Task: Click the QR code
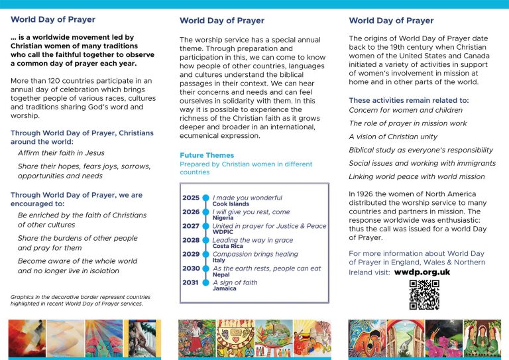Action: pyautogui.click(x=424, y=295)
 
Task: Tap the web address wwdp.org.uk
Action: pyautogui.click(x=422, y=272)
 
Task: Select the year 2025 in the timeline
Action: pyautogui.click(x=191, y=198)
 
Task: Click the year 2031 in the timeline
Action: pyautogui.click(x=191, y=282)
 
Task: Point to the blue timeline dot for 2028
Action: pyautogui.click(x=205, y=240)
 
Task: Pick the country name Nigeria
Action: pyautogui.click(x=223, y=218)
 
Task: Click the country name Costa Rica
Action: pyautogui.click(x=227, y=246)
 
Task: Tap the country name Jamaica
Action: pyautogui.click(x=225, y=288)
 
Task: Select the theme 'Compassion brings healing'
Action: pyautogui.click(x=255, y=254)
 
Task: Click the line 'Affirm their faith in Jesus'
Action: pyautogui.click(x=61, y=152)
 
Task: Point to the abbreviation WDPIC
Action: pyautogui.click(x=224, y=232)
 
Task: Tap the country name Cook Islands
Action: pyautogui.click(x=231, y=204)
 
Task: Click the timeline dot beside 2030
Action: pyautogui.click(x=205, y=269)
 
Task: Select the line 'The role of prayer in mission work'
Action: pyautogui.click(x=408, y=123)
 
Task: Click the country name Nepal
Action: pyautogui.click(x=221, y=274)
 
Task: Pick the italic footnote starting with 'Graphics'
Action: pyautogui.click(x=80, y=300)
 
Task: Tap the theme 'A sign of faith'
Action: pyautogui.click(x=235, y=282)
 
